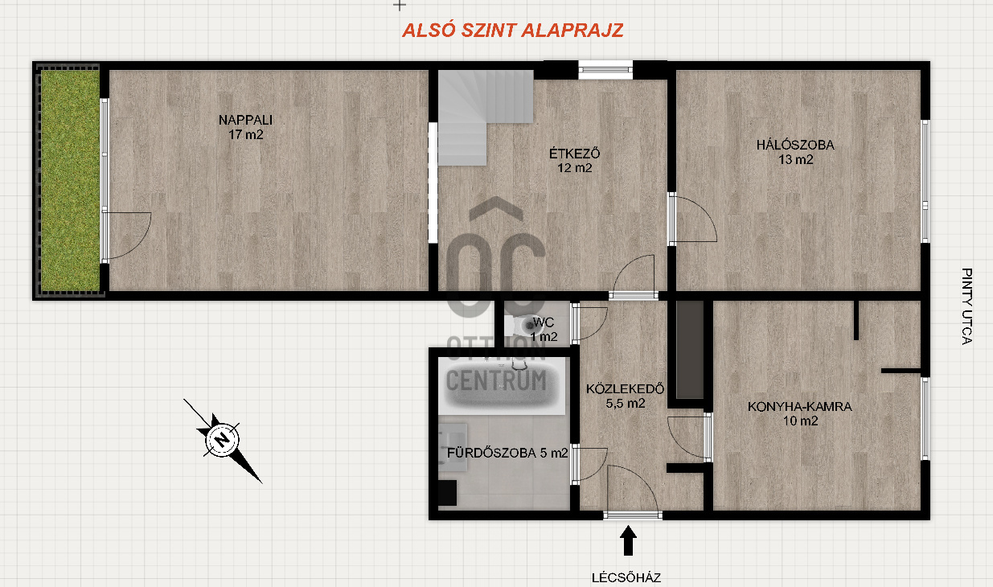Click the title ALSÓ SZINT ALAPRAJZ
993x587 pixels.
(x=512, y=30)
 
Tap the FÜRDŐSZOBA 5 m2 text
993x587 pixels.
(x=507, y=453)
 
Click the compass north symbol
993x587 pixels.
(x=223, y=440)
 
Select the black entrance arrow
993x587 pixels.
(x=628, y=540)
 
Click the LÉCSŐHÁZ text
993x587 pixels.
(x=626, y=577)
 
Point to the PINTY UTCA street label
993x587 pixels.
(x=966, y=306)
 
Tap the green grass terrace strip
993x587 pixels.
(x=70, y=180)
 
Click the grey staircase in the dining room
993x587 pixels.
(x=486, y=117)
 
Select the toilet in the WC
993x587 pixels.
(x=522, y=326)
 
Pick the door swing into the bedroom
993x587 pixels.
(x=693, y=219)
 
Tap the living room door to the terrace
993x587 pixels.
(x=127, y=236)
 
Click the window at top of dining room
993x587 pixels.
(x=605, y=70)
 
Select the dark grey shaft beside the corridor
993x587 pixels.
(x=689, y=350)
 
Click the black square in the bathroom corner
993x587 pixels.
(x=447, y=493)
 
